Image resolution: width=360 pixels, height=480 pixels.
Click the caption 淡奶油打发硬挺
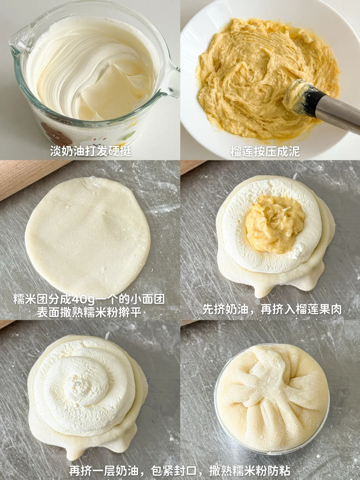click(91, 151)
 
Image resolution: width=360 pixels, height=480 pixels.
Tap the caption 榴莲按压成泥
click(265, 151)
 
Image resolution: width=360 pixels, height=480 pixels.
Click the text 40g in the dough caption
click(84, 299)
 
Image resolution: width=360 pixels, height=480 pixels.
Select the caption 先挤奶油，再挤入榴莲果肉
click(272, 309)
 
